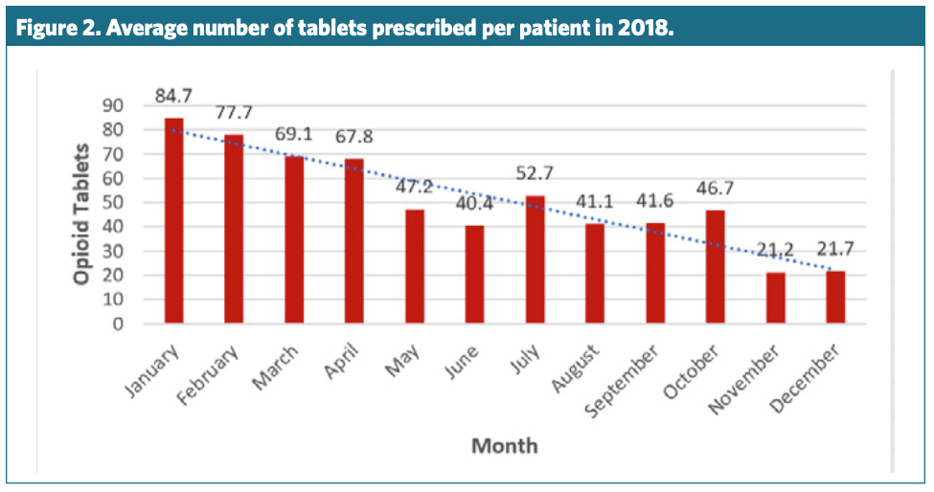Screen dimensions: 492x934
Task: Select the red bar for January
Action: (x=173, y=220)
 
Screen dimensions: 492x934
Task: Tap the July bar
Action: (x=535, y=259)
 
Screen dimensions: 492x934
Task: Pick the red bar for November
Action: (x=775, y=298)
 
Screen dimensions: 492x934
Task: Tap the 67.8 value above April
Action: (x=353, y=136)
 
